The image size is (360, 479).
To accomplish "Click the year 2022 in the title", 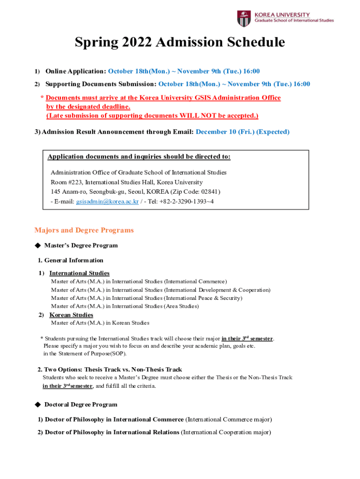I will (x=136, y=43).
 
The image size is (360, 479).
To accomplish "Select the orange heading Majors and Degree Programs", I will (x=84, y=230).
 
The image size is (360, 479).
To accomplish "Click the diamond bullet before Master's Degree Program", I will (x=38, y=245).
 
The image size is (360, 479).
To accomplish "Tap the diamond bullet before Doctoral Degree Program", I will (x=38, y=404).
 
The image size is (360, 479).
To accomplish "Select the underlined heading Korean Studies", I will (x=71, y=315).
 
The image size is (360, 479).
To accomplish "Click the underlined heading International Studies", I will (x=79, y=273).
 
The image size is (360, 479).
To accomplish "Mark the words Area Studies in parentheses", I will (x=181, y=306).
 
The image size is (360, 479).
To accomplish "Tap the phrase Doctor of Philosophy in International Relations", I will (x=112, y=432).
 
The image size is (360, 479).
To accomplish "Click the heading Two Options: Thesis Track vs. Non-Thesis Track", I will (x=110, y=370).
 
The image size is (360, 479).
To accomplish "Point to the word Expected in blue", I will (x=273, y=132).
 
